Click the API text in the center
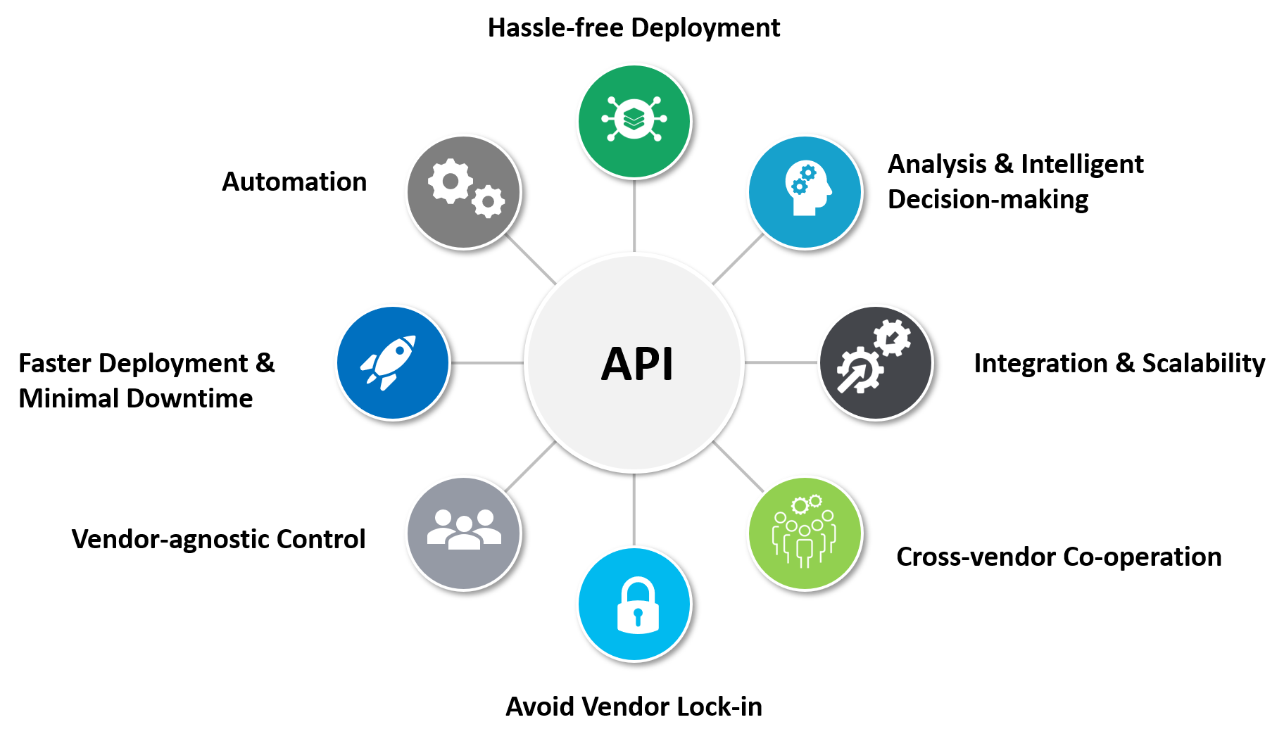(637, 364)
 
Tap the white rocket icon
(389, 362)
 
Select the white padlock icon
(637, 606)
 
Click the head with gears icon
(807, 189)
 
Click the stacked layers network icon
(634, 119)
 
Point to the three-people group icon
(464, 529)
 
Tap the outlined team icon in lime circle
(804, 532)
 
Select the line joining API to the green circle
(634, 215)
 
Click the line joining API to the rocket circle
(487, 362)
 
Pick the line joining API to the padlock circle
(634, 509)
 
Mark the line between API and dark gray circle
(781, 362)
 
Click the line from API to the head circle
(738, 259)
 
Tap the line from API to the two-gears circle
(531, 259)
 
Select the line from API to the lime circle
(738, 467)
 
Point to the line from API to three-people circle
(531, 467)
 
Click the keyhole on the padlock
(638, 616)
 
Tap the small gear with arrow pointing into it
(893, 338)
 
